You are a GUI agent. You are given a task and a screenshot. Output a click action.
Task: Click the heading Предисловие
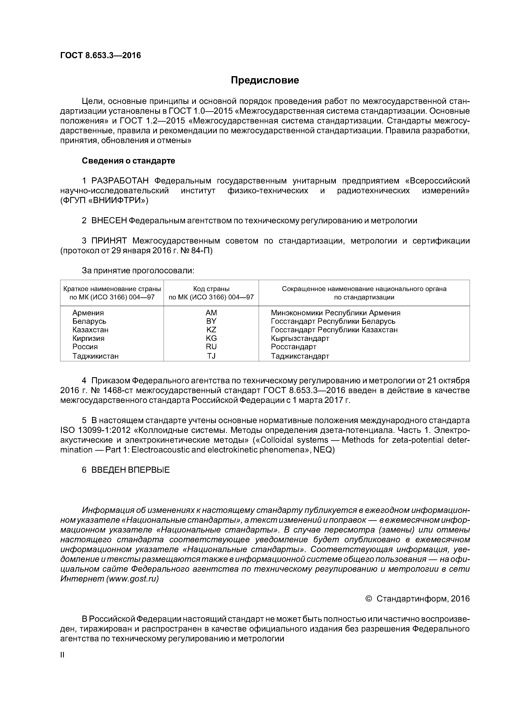[265, 80]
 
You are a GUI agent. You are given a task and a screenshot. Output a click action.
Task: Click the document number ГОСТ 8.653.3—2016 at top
[100, 56]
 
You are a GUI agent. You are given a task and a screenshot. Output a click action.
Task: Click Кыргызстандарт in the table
[300, 338]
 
